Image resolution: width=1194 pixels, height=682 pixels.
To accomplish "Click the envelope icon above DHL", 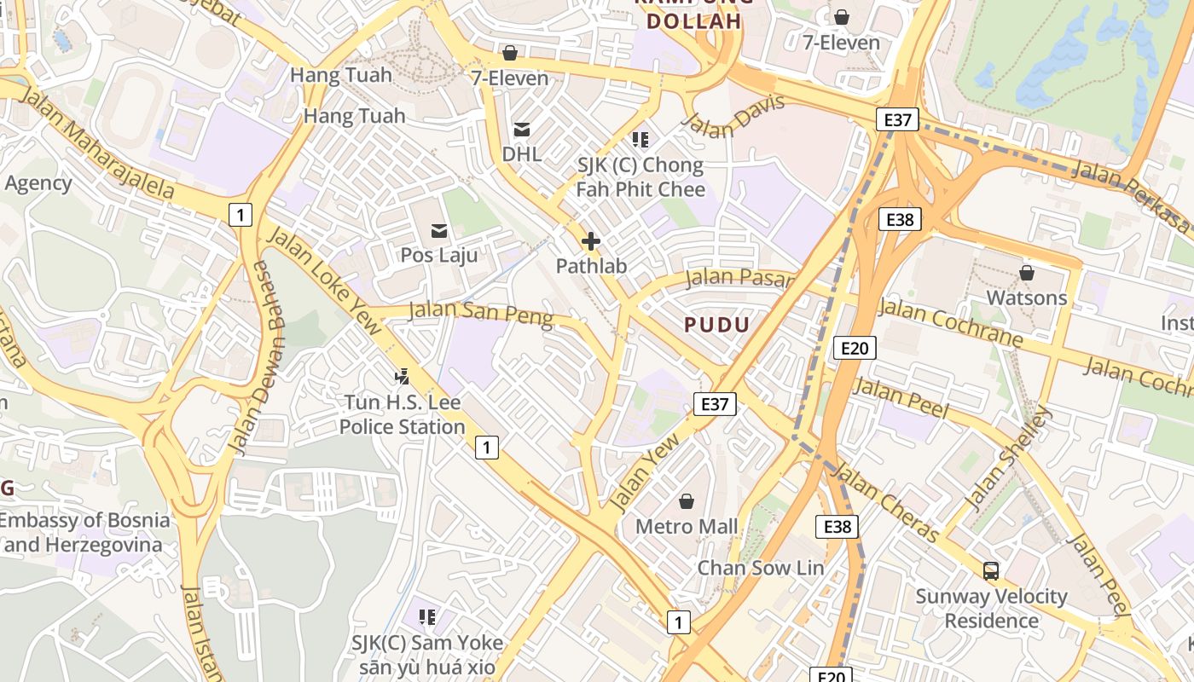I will coord(521,130).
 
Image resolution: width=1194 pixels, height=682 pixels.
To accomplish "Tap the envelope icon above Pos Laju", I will coord(439,230).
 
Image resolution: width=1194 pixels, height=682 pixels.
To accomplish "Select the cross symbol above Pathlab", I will coord(590,242).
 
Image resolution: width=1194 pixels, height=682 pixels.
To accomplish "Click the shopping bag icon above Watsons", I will coord(1027,273).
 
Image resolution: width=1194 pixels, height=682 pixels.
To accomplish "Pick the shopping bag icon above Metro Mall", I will coord(686,501).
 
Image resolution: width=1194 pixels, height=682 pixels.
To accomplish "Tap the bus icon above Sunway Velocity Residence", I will coord(991,571).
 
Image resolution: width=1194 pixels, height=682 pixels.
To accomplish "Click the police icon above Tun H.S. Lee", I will coord(402,375).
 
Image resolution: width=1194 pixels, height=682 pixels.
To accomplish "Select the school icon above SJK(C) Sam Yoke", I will coord(427,616).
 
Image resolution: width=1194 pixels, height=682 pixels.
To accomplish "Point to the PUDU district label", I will coord(717,324).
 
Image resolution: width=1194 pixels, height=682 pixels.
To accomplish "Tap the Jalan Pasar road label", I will coord(739,277).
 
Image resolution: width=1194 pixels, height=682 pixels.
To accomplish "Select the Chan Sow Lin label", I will coord(761,568).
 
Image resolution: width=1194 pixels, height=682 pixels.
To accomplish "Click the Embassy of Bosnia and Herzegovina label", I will coord(85,532).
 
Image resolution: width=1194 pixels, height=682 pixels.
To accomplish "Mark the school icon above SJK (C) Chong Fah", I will coord(640,139).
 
